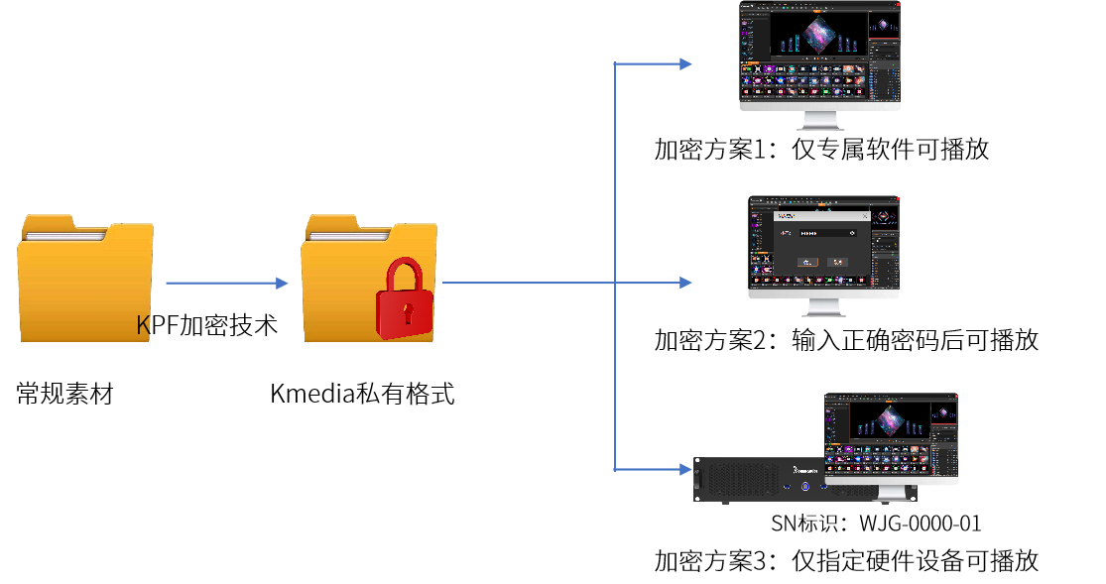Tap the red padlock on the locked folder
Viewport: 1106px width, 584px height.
pos(404,299)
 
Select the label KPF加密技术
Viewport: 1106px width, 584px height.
pos(206,325)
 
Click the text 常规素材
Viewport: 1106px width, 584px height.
pos(64,394)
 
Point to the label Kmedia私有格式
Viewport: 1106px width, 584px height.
pos(363,394)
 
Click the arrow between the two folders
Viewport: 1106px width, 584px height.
pos(227,284)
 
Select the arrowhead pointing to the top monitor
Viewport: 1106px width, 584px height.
pos(685,64)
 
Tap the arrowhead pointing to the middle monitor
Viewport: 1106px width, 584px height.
pos(685,283)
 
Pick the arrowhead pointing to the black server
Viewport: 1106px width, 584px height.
pos(685,469)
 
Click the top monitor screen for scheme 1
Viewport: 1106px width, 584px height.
pos(820,53)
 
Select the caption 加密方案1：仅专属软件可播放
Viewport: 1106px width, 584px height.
pos(821,150)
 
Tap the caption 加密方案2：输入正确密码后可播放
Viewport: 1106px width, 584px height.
pos(846,340)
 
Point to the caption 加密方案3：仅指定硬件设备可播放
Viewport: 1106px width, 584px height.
pos(846,561)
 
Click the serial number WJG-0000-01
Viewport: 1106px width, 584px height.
pos(921,524)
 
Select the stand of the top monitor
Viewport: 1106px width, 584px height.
pos(820,121)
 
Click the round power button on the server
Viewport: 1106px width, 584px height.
pos(804,487)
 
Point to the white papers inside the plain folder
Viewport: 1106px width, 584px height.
pos(64,235)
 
